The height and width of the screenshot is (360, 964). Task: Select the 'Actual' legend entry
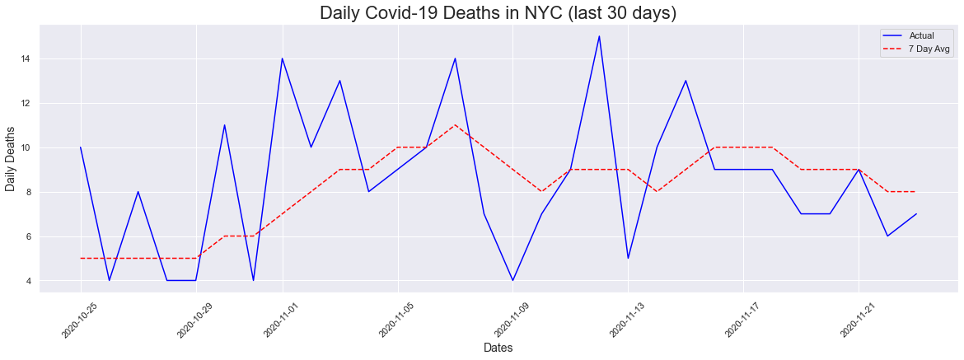[922, 35]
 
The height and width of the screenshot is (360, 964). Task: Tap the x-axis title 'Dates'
[498, 348]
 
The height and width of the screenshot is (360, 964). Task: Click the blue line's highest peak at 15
[599, 36]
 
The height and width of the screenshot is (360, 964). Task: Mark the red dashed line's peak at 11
[455, 125]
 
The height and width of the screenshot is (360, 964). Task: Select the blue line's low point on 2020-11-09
[512, 281]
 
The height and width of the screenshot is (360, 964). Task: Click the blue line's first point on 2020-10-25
[81, 147]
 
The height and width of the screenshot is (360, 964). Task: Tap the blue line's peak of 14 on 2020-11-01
[282, 58]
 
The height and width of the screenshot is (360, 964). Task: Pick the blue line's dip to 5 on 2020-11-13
[628, 259]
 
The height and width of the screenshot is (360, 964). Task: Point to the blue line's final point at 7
[916, 214]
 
